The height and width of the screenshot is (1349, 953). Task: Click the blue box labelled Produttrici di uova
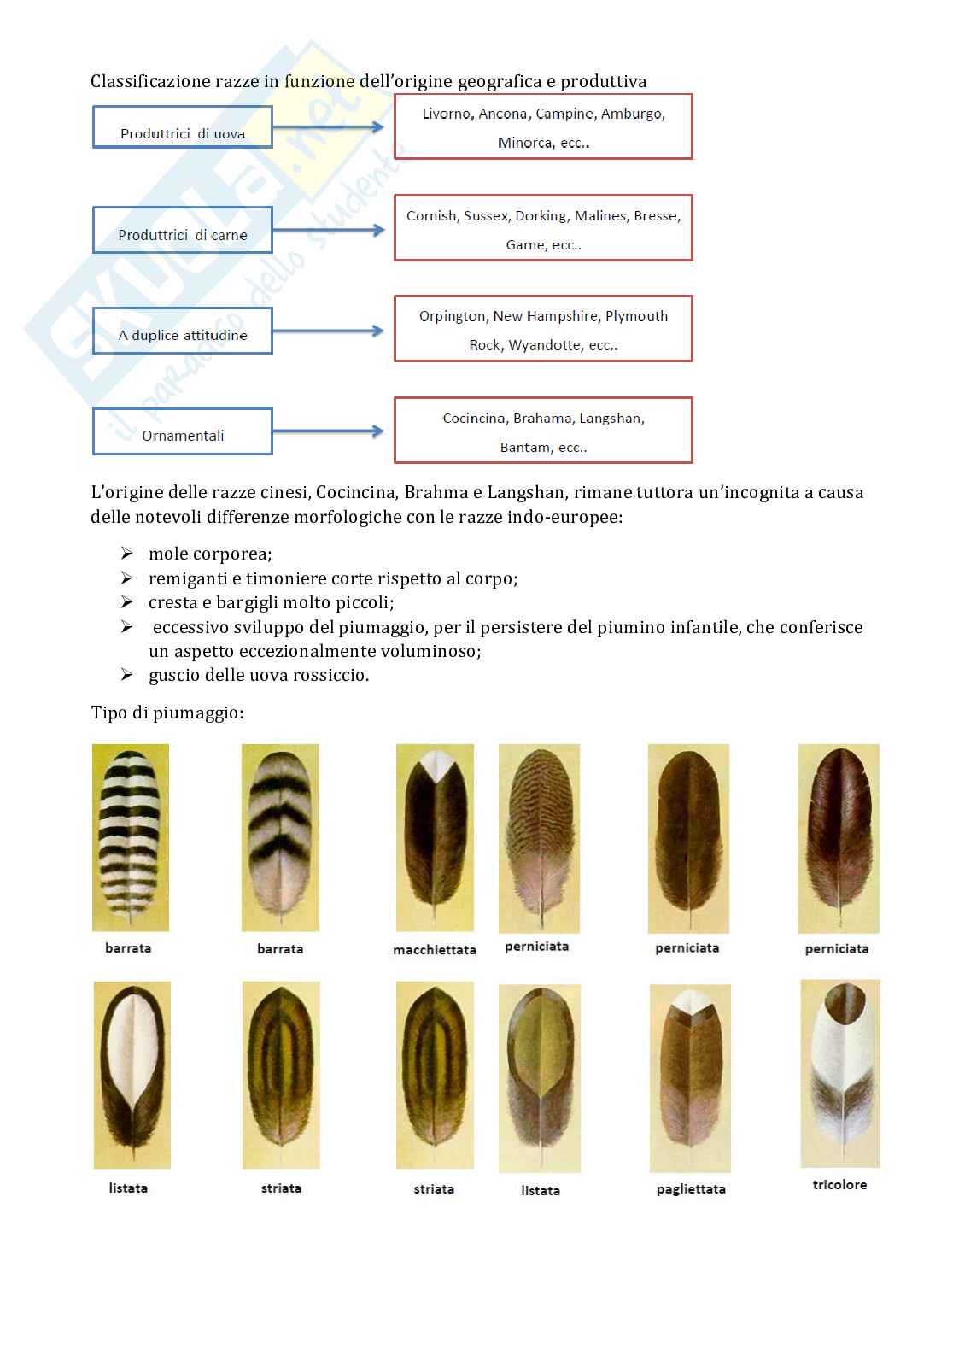tap(182, 127)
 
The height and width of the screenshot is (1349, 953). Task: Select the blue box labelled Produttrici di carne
tap(182, 230)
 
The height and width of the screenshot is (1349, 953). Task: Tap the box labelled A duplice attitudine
tap(182, 331)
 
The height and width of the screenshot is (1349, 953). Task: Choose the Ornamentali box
tap(182, 431)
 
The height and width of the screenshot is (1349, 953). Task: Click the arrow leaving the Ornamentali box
tap(329, 431)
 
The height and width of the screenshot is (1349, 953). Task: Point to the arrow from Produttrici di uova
tap(329, 127)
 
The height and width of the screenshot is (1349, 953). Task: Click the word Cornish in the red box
tap(430, 215)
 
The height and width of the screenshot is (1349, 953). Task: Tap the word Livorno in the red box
tap(447, 114)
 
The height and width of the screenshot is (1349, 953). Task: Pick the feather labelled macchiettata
tap(435, 837)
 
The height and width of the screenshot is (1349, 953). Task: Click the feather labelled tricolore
tap(839, 1073)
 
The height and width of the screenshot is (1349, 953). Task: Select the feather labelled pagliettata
tap(690, 1078)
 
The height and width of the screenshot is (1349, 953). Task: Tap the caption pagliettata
tap(691, 1189)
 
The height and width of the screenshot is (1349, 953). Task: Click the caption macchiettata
tap(435, 950)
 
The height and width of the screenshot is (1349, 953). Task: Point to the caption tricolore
tap(839, 1185)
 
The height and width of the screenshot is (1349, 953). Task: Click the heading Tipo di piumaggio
tap(167, 713)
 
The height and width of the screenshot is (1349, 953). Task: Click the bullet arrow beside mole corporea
tap(127, 554)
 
